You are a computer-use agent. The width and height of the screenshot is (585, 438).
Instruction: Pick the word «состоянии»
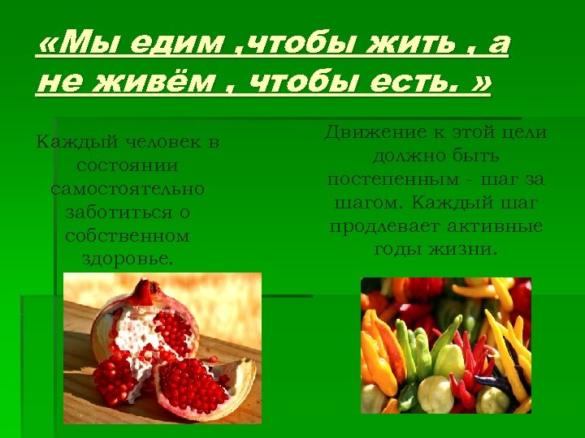click(127, 166)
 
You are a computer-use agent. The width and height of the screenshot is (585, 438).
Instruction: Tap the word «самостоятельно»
click(128, 190)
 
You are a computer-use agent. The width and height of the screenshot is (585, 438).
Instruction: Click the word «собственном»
click(127, 237)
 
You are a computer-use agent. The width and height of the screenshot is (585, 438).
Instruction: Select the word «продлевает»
click(385, 225)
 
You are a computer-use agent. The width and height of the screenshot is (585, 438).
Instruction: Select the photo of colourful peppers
click(445, 346)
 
